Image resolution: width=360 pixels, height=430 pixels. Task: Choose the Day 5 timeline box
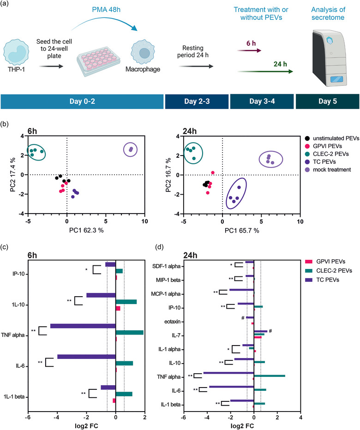tap(327, 102)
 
